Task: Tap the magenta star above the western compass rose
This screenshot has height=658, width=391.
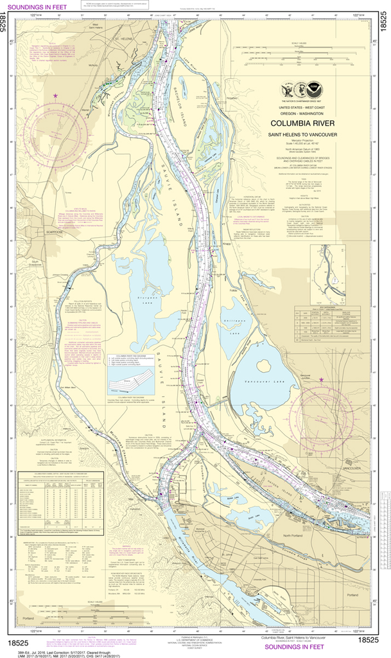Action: pyautogui.click(x=55, y=96)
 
